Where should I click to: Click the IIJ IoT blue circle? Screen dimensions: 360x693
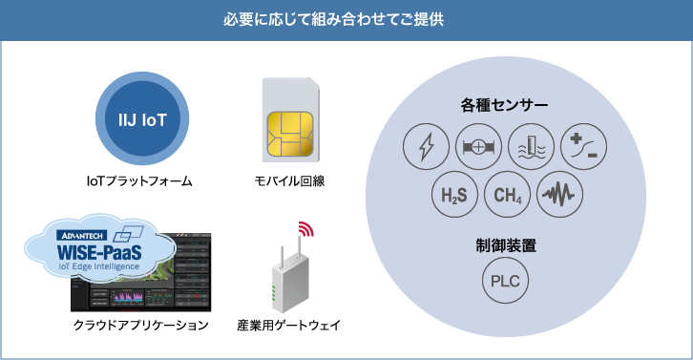(x=147, y=121)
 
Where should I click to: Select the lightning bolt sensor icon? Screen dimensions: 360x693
(x=427, y=146)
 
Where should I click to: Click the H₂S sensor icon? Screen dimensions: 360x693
(x=453, y=197)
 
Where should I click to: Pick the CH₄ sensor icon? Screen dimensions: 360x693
(x=507, y=197)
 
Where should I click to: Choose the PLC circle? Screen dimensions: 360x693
(x=505, y=283)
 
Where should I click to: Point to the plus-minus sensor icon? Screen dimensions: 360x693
(x=583, y=146)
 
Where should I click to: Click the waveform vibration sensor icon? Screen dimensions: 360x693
(x=559, y=197)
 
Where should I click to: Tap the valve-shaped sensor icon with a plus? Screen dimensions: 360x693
(x=479, y=146)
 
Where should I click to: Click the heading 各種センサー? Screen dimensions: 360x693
(x=504, y=104)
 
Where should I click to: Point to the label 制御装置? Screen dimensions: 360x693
(x=505, y=245)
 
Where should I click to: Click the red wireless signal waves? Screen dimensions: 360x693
(x=305, y=230)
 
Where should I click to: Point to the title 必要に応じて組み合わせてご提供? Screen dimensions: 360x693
(x=346, y=20)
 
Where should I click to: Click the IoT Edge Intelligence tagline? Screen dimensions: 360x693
(x=100, y=266)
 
